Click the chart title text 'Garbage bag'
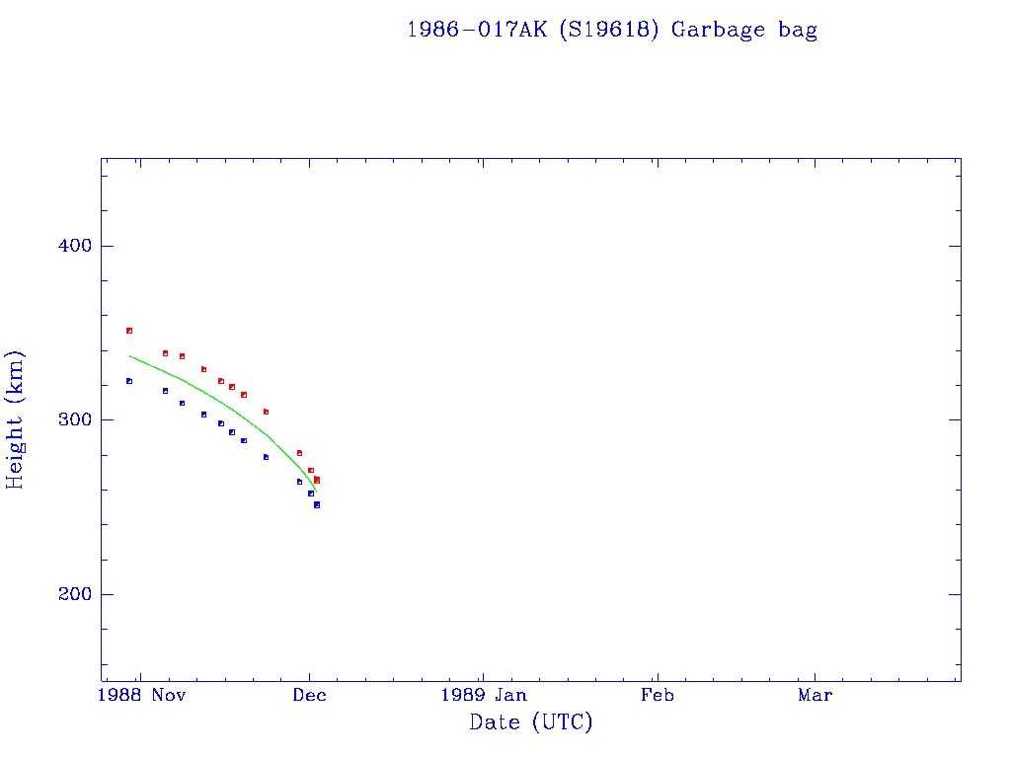pos(744,30)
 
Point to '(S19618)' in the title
pos(608,30)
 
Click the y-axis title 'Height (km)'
pos(16,419)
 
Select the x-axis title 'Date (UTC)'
pos(531,722)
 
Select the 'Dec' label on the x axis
pos(309,695)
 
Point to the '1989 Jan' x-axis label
pos(482,695)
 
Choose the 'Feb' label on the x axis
pos(657,695)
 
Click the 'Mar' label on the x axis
pos(815,695)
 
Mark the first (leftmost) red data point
pos(129,331)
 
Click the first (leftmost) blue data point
pos(129,381)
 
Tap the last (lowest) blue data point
pos(317,504)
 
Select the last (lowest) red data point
pos(317,480)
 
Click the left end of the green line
pos(130,355)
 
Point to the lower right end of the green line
pos(316,492)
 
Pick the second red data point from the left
pos(165,353)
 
